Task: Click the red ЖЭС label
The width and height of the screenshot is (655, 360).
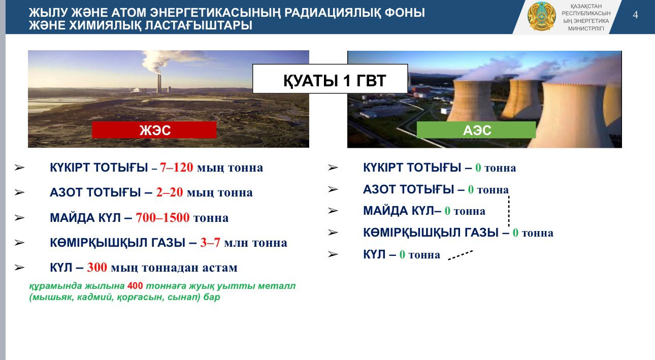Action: (x=154, y=130)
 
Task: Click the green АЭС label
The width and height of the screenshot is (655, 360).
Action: (x=476, y=130)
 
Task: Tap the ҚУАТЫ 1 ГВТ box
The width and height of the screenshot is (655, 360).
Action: (x=330, y=79)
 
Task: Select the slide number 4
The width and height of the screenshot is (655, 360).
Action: (x=635, y=15)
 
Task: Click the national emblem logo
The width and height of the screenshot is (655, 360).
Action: (x=542, y=16)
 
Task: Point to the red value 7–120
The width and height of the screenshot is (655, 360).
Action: (x=176, y=167)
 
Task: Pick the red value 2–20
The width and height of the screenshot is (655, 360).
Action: (x=170, y=192)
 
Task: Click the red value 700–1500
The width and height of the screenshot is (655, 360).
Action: (x=162, y=218)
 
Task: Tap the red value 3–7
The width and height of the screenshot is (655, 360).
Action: (x=210, y=242)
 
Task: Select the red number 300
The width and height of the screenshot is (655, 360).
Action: (x=97, y=267)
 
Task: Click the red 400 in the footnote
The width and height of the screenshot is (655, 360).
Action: (x=135, y=286)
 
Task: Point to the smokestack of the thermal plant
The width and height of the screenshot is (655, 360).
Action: (x=159, y=84)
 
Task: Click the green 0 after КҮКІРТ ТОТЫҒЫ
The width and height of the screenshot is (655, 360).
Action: (x=478, y=168)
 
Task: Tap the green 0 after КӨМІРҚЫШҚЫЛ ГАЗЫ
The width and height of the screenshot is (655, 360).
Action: (x=515, y=233)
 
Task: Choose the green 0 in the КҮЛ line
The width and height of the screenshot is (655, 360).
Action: (x=402, y=254)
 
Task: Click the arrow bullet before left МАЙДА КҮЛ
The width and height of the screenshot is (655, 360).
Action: (x=19, y=218)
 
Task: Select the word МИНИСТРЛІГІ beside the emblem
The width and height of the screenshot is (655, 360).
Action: (x=586, y=28)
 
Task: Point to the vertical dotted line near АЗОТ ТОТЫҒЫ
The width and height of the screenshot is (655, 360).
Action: (x=509, y=211)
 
